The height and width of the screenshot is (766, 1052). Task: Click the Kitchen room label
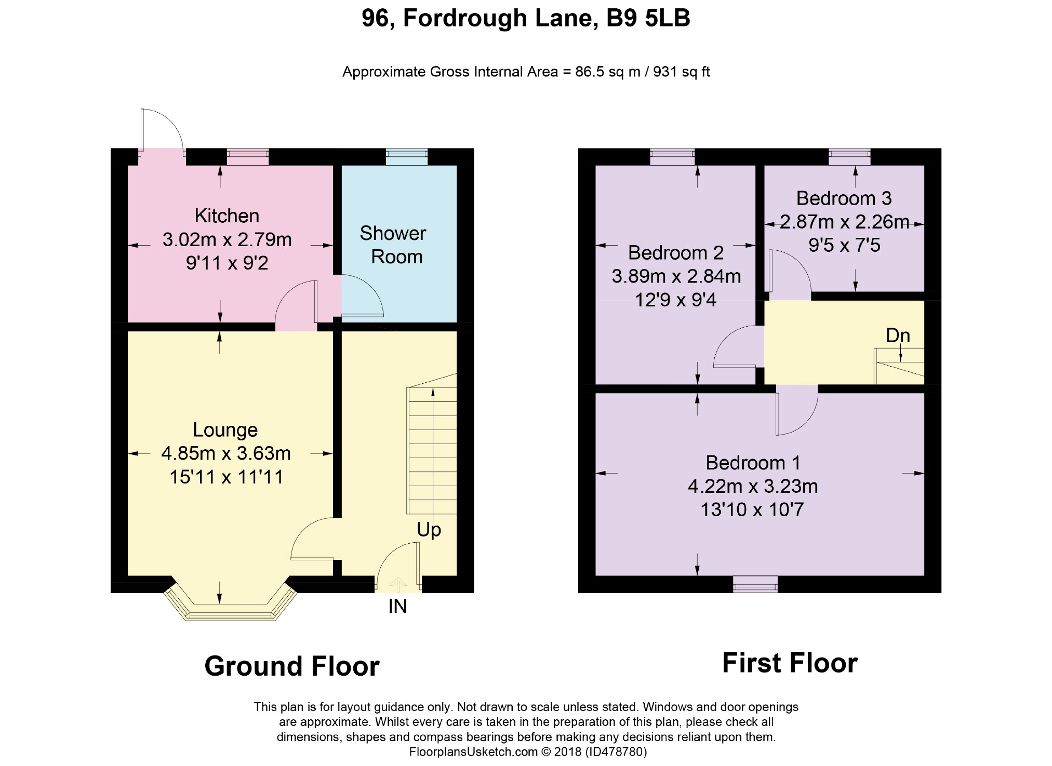click(227, 216)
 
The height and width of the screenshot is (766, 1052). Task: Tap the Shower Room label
click(393, 245)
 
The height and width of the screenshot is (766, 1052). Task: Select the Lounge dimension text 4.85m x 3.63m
click(226, 453)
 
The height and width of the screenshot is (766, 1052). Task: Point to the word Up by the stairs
click(429, 530)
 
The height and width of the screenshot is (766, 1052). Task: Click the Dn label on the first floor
click(898, 335)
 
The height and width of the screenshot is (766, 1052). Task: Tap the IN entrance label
click(397, 606)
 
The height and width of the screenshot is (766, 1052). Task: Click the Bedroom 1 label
click(753, 462)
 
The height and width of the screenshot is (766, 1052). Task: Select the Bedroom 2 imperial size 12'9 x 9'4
click(676, 300)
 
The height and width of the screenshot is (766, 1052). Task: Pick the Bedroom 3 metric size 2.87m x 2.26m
click(844, 222)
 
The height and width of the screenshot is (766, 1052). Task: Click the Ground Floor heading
click(292, 666)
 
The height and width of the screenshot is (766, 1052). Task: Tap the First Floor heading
click(790, 663)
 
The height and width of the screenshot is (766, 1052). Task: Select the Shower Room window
click(407, 157)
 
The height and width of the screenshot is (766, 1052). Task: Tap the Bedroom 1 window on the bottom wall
click(755, 584)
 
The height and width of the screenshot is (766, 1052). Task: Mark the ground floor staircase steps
click(432, 444)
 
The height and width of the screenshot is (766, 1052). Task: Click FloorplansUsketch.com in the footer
click(473, 752)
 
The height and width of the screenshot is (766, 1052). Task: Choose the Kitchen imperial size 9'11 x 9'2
click(227, 263)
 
